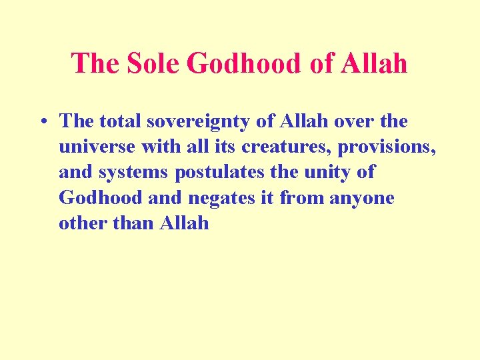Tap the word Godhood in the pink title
coord(245,63)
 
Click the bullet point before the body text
coord(42,122)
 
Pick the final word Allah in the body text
coord(185,223)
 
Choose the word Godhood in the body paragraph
coord(100,198)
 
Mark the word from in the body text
coord(301,198)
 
